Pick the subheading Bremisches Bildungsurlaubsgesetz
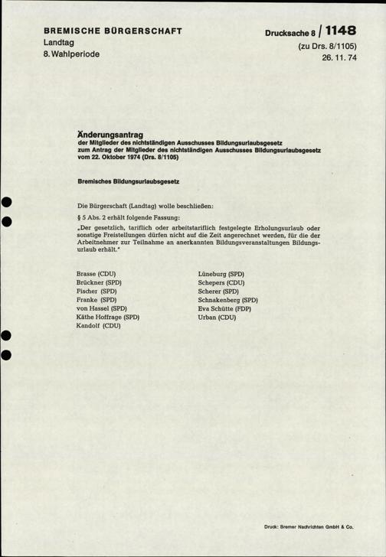click(128, 181)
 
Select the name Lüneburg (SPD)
click(221, 273)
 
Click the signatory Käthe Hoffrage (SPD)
click(108, 317)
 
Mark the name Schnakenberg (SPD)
click(227, 300)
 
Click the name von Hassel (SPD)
click(103, 308)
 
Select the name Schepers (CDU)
click(221, 282)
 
